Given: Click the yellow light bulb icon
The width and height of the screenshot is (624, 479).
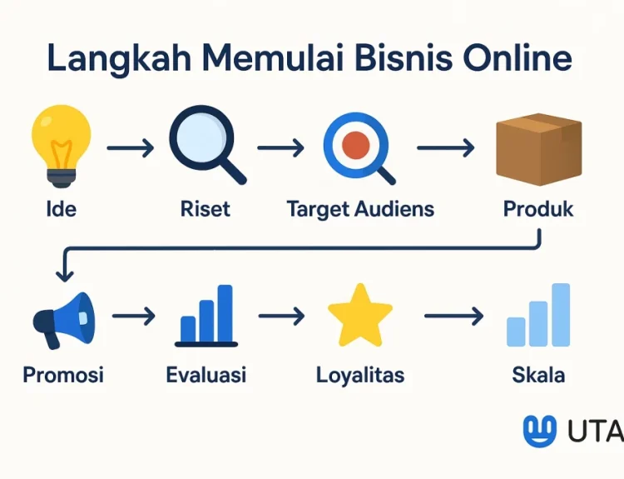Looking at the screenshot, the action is click(62, 146).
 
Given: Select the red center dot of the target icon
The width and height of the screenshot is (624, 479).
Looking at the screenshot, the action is click(356, 145).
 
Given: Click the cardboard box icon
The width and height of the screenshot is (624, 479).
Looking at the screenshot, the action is click(539, 149).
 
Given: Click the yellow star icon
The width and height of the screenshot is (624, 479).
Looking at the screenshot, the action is click(360, 315).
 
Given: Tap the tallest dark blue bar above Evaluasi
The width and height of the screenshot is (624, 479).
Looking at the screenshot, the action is click(225, 313).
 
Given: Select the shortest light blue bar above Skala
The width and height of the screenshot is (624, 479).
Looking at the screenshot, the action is click(516, 332).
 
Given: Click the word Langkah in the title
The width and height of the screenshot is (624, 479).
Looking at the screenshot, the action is click(119, 58).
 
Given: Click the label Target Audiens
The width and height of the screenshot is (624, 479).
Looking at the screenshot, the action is click(360, 209).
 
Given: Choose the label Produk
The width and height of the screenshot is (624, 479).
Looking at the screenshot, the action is click(538, 208).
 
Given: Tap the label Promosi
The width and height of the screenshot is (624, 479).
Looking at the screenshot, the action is click(63, 375).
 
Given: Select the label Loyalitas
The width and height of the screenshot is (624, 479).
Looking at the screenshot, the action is click(360, 376).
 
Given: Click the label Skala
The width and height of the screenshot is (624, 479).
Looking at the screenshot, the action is click(538, 375).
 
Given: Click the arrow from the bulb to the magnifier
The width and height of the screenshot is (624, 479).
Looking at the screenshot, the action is click(131, 147).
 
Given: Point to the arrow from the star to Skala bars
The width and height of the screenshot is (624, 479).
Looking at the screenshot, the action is click(454, 316).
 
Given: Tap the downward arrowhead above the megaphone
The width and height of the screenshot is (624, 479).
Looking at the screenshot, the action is click(64, 276).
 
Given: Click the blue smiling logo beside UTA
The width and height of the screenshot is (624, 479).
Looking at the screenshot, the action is click(540, 431).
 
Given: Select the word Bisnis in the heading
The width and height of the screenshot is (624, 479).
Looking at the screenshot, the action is click(404, 57).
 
